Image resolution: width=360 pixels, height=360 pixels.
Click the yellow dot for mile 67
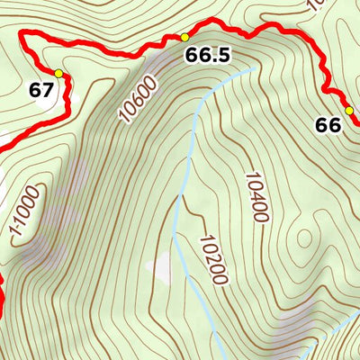click(x=58, y=73)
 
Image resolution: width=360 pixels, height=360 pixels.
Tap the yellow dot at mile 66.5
click(x=184, y=37)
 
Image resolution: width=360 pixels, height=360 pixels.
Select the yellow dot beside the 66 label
click(x=353, y=112)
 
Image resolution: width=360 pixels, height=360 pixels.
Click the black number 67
click(x=40, y=90)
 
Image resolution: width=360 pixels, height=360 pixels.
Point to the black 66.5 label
click(x=208, y=56)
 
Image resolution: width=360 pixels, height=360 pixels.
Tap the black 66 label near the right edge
click(x=328, y=125)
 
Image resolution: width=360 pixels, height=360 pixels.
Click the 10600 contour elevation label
click(x=137, y=99)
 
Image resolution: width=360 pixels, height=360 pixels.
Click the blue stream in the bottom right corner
click(x=311, y=351)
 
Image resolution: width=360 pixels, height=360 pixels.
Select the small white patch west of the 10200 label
click(x=162, y=267)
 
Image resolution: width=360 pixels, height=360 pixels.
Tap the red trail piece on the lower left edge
click(x=3, y=297)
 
